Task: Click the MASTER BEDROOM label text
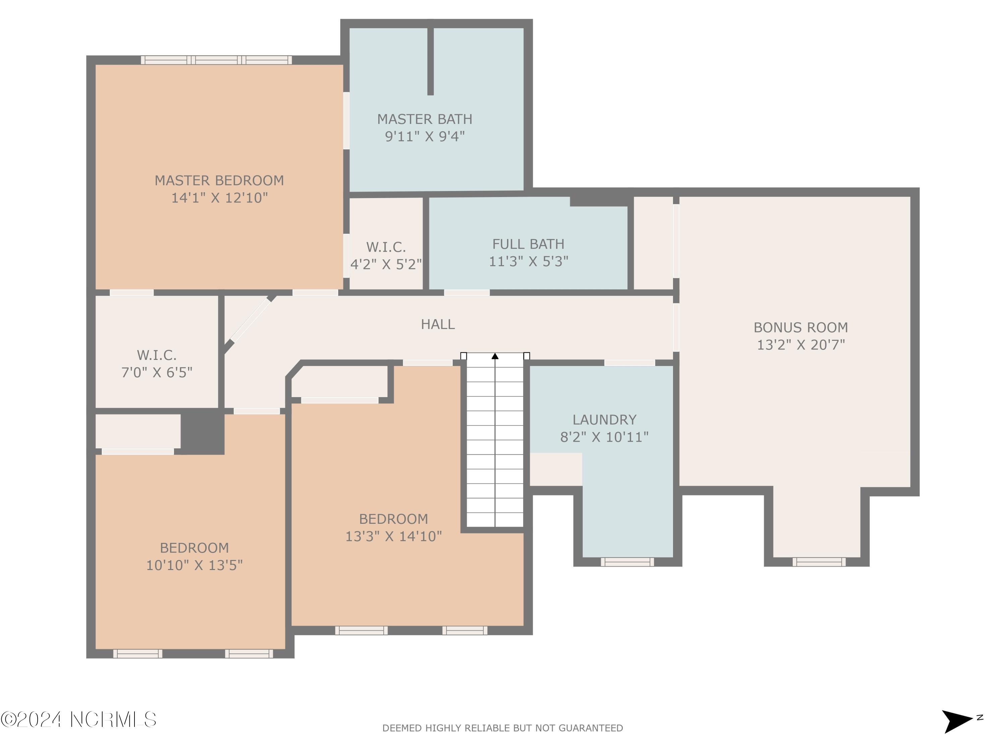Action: (219, 180)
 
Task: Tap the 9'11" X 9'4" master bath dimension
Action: (425, 136)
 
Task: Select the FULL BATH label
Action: (528, 244)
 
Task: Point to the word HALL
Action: (438, 324)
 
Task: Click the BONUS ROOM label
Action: (800, 327)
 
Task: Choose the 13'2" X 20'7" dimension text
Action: (800, 345)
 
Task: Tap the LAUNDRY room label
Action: (604, 420)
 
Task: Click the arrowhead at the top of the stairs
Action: (495, 356)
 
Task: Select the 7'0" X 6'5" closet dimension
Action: (157, 373)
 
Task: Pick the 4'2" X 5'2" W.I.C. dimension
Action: (386, 264)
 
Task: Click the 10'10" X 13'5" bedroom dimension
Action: (194, 565)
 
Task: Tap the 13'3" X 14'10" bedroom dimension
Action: (393, 536)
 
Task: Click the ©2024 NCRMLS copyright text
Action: (78, 720)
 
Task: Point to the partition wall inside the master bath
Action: (430, 61)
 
